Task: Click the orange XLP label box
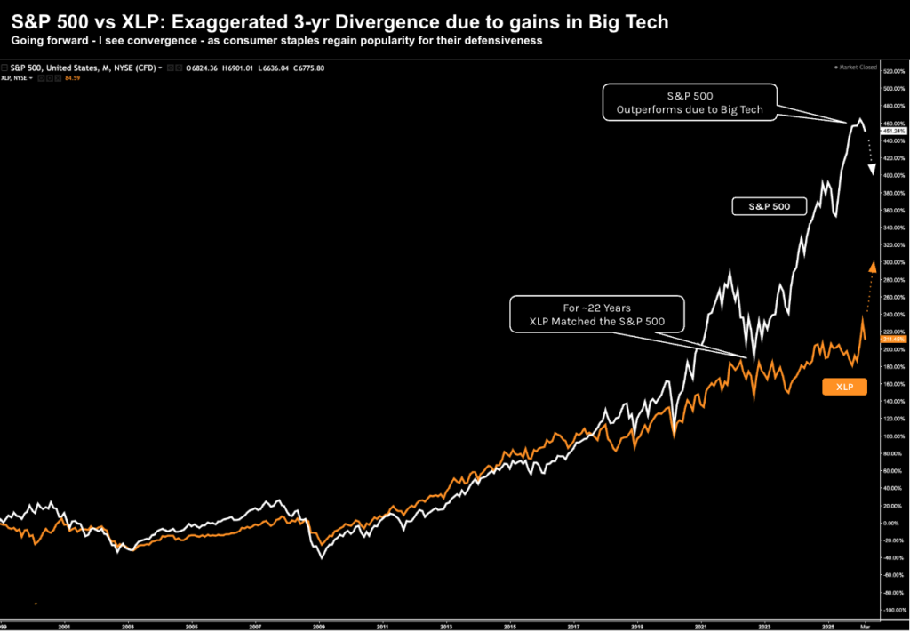843,387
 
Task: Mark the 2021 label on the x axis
701,627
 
